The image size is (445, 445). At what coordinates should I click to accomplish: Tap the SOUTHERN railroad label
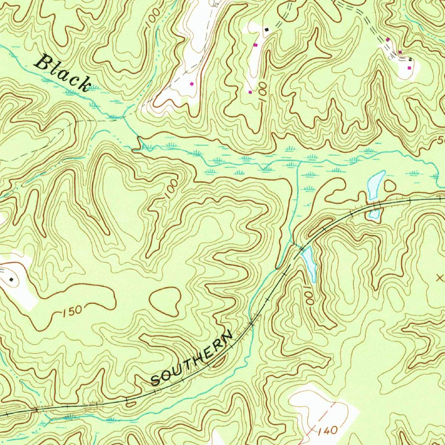coord(192,359)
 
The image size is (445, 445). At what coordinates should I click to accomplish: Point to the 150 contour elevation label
coord(71,311)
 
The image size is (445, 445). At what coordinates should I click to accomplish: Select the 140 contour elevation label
coord(327,431)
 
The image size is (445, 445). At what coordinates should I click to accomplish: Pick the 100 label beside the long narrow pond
coord(309,298)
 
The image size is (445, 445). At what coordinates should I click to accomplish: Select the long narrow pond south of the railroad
coord(309,263)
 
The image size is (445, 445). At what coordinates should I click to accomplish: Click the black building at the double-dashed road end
coord(267,29)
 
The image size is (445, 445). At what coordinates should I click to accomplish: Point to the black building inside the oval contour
coord(11,279)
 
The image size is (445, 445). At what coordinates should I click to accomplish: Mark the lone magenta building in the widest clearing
coord(191,83)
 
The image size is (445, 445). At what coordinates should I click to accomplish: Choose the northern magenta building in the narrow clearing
coord(255,45)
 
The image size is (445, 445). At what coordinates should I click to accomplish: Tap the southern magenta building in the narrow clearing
coord(250,92)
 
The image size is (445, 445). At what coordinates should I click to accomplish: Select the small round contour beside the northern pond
coord(390,186)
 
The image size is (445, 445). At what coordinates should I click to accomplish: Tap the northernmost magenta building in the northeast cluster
coord(388,40)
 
